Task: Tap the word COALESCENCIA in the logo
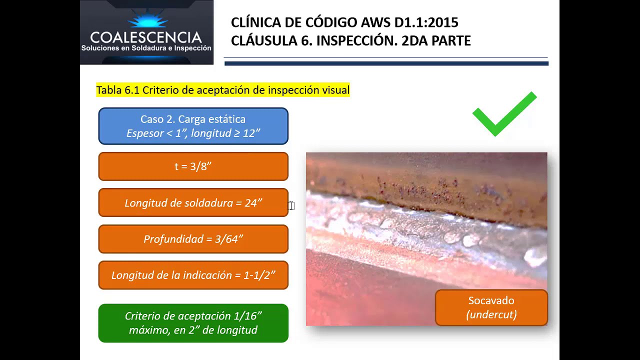click(146, 37)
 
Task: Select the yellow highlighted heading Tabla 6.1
click(222, 90)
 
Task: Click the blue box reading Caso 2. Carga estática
click(193, 126)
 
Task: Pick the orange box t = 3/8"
click(193, 166)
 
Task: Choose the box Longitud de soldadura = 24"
click(193, 203)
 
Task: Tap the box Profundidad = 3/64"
click(193, 239)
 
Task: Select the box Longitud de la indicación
click(193, 275)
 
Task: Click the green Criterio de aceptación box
click(193, 323)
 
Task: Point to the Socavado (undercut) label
click(491, 307)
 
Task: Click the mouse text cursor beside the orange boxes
click(292, 206)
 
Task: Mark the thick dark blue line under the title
click(386, 63)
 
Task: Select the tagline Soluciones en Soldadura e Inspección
click(146, 48)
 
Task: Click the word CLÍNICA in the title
click(253, 22)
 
